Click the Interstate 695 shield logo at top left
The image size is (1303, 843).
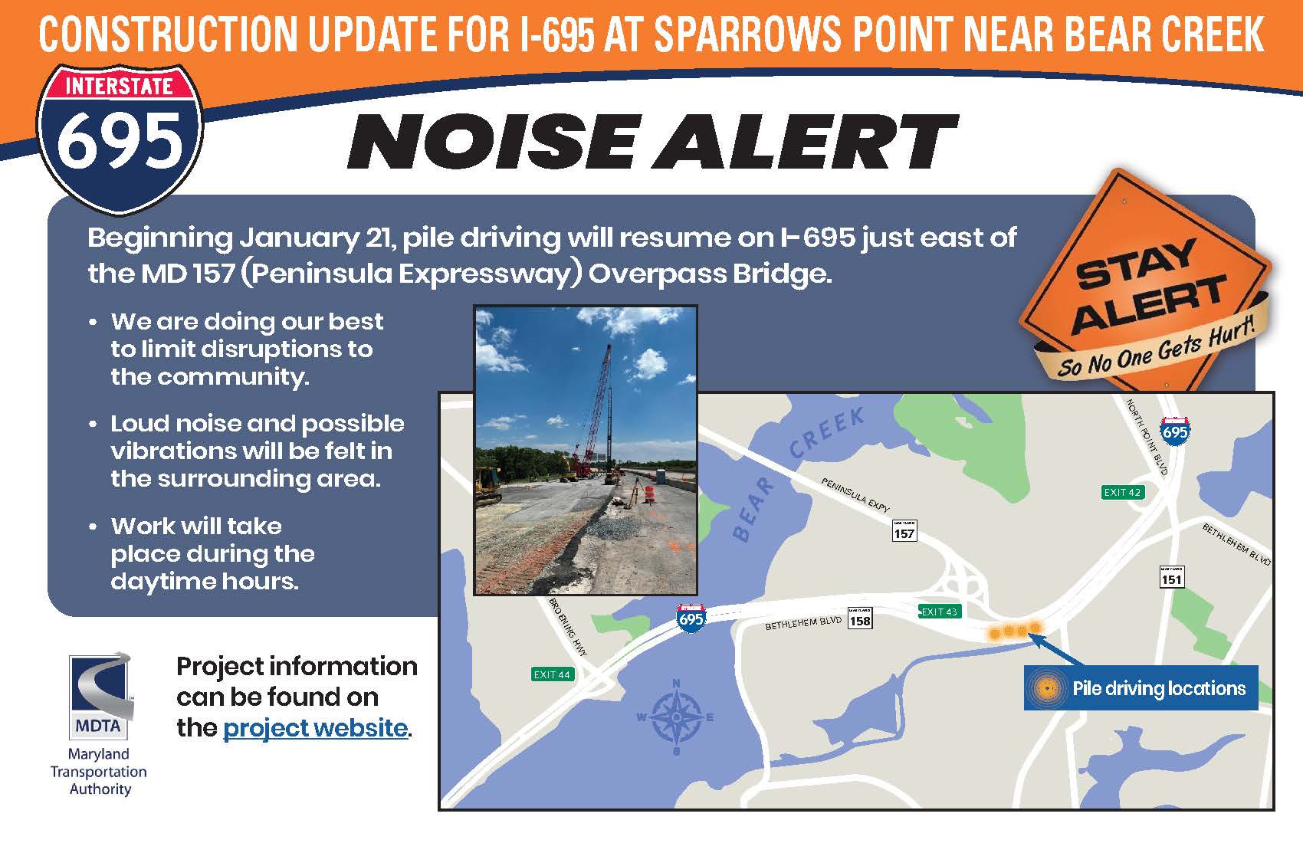click(x=120, y=139)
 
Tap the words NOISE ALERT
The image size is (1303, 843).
click(x=652, y=142)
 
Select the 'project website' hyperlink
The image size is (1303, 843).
click(x=315, y=728)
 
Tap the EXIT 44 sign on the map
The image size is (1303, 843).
click(x=552, y=674)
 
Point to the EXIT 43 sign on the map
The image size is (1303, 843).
click(x=940, y=612)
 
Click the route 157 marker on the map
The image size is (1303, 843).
click(x=904, y=530)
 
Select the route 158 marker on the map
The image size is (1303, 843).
click(x=860, y=618)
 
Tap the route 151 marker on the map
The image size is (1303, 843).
click(x=1171, y=576)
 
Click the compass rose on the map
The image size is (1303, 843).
click(x=677, y=717)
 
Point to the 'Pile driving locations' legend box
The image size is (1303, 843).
click(x=1141, y=688)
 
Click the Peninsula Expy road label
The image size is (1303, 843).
click(x=855, y=495)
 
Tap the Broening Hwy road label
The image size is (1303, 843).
click(x=568, y=627)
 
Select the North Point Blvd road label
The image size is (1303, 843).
click(x=1147, y=437)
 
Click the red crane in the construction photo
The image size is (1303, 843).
click(x=590, y=413)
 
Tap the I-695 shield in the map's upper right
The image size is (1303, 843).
click(x=1174, y=431)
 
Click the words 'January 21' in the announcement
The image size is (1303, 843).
click(x=315, y=238)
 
